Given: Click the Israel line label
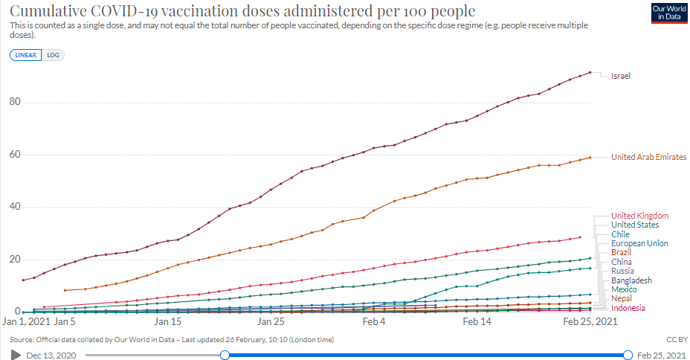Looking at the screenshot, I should (x=621, y=76).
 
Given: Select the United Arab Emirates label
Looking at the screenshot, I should (x=648, y=157).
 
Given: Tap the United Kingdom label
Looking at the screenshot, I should (x=639, y=216).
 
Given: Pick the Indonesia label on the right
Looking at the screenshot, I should (x=628, y=308).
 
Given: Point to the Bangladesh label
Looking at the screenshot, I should (x=631, y=280).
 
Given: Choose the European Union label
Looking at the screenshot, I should (x=639, y=243).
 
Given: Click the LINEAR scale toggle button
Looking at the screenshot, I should (x=27, y=55).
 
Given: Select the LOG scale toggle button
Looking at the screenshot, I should (x=53, y=55).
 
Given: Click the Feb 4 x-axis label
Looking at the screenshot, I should (x=374, y=322).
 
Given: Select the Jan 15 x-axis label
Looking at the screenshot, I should (x=168, y=322).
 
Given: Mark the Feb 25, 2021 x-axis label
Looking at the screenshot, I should (x=589, y=322).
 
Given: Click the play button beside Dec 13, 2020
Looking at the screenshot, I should (x=16, y=355).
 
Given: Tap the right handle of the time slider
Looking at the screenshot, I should (x=628, y=355).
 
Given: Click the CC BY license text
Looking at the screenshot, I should (x=677, y=339).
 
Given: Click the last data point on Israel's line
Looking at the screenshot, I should (x=590, y=72).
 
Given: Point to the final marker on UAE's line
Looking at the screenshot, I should (x=590, y=157).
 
